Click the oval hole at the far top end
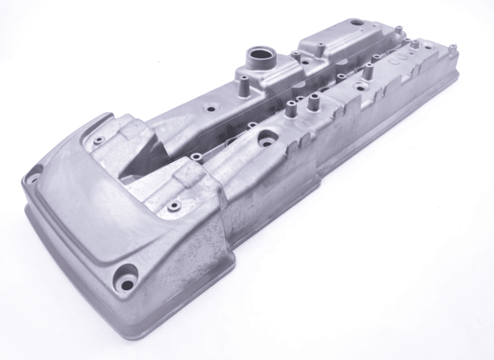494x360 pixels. click(x=356, y=23)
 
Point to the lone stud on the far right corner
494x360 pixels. click(x=452, y=49)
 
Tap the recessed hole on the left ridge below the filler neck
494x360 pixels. click(x=210, y=109)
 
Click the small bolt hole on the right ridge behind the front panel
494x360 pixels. click(x=174, y=205)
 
